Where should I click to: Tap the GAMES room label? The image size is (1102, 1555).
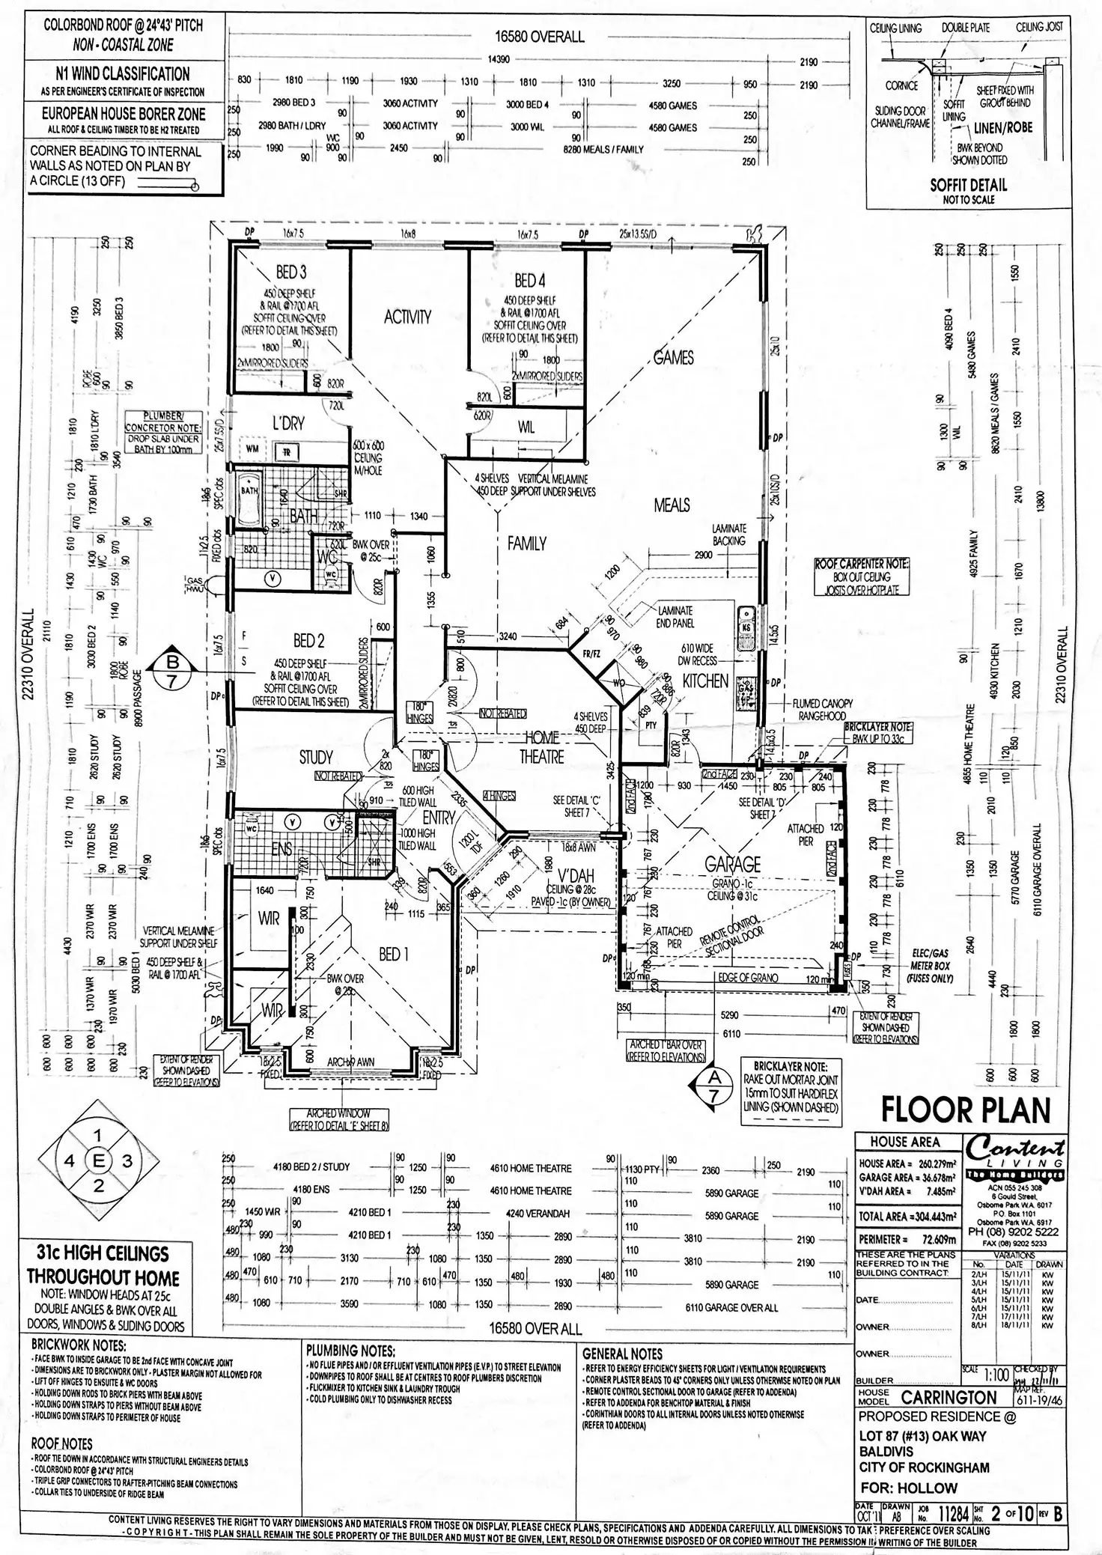coord(673,358)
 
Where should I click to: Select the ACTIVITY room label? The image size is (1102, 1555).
coord(407,317)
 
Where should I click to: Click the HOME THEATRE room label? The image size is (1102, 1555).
coord(541,746)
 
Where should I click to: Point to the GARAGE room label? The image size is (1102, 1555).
coord(732,864)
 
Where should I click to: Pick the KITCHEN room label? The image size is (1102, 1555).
coord(705,681)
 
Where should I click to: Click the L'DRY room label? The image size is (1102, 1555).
coord(288,424)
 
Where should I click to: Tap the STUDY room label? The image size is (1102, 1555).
coord(316,758)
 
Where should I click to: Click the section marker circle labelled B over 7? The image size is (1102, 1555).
coord(173,663)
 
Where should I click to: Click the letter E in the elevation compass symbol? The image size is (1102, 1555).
coord(98,1160)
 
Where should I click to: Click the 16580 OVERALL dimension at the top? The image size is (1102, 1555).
coord(539,37)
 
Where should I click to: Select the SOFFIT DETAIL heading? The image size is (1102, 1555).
coord(968,185)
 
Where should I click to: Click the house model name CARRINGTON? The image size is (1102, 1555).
coord(949,1398)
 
